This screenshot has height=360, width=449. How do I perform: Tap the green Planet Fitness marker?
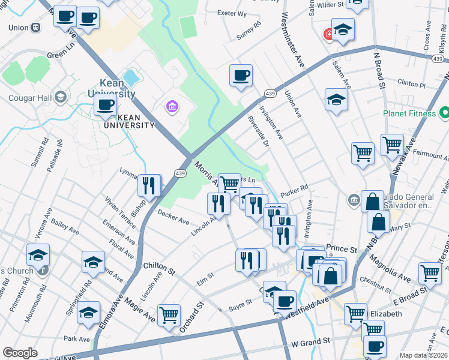click(x=444, y=112)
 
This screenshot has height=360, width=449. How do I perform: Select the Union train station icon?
click(x=37, y=28)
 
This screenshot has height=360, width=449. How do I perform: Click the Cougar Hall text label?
click(x=29, y=97)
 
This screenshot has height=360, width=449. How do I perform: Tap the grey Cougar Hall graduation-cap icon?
click(x=60, y=97)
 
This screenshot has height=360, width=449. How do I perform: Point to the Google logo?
click(x=20, y=353)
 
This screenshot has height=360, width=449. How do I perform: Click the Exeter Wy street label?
click(x=232, y=13)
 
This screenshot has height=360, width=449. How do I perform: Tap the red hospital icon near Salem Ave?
click(x=328, y=34)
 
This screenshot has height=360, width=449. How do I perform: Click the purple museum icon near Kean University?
click(x=172, y=107)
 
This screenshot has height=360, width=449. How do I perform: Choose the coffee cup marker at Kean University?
click(x=105, y=106)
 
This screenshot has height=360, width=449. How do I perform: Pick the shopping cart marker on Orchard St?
click(x=169, y=314)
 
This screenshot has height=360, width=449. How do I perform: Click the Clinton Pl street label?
click(x=411, y=85)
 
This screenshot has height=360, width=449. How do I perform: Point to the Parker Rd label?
click(x=294, y=188)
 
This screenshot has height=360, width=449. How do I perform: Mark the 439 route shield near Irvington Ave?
click(x=270, y=94)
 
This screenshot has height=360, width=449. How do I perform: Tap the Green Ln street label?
click(x=60, y=54)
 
